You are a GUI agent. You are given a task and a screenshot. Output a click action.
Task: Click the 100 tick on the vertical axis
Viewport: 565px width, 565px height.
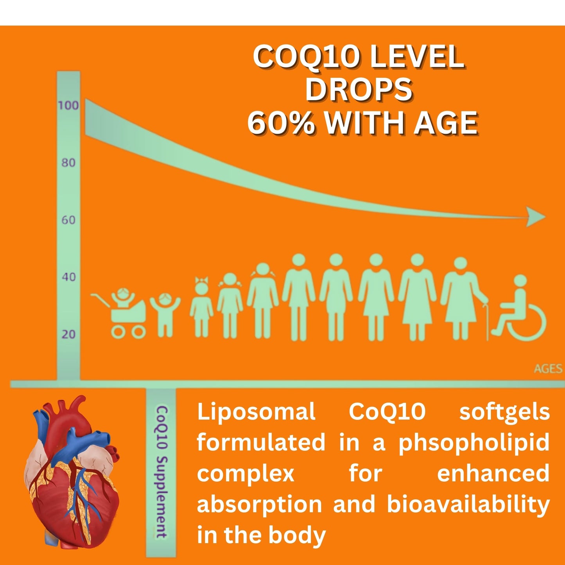coord(68,105)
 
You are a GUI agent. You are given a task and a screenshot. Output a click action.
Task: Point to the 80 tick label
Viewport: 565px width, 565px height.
coord(68,162)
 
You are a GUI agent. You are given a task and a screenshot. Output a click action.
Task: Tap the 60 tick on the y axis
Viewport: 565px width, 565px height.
coord(68,220)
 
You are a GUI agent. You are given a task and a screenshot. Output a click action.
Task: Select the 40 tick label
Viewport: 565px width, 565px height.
coord(68,277)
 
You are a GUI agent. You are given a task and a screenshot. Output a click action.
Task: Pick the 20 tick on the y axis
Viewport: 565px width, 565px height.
coord(68,334)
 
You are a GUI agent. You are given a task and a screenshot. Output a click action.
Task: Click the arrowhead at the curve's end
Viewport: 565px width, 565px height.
coord(535,217)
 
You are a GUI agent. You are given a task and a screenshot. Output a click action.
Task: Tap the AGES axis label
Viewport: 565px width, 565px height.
coord(548,369)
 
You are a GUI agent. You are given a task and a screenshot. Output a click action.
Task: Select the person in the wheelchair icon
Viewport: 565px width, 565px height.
coord(522,309)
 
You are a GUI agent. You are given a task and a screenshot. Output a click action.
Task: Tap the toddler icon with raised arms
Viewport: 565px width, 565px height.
coord(165,313)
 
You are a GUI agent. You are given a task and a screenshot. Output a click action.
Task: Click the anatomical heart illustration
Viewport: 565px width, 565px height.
coord(72,473)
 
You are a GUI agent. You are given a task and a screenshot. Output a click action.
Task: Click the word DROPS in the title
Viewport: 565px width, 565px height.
coord(359,89)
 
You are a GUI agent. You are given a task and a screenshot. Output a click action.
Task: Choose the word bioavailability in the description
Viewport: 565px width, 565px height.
coord(468,504)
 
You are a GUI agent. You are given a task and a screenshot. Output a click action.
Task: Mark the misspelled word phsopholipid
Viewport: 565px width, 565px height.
coord(474,443)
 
